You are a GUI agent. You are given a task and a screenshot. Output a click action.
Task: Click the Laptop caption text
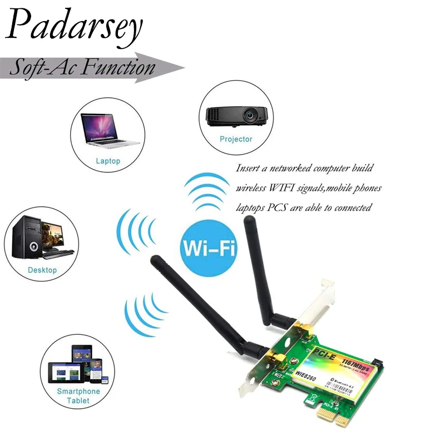click(108, 161)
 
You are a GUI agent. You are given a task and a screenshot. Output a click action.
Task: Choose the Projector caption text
click(236, 139)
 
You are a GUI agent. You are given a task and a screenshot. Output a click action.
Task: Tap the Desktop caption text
click(42, 270)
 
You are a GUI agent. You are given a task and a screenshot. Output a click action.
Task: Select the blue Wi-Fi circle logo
click(209, 248)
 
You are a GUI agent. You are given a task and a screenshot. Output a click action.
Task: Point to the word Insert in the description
click(248, 168)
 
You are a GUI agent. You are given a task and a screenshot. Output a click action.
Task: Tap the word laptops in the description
click(251, 208)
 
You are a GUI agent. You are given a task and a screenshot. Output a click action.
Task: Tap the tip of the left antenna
click(155, 259)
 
